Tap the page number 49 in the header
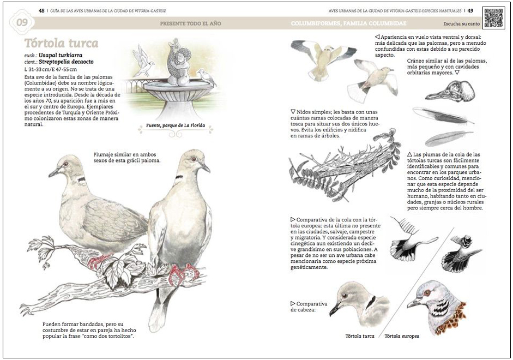click(x=470, y=10)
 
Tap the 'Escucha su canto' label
click(x=461, y=25)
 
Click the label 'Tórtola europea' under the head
click(x=404, y=336)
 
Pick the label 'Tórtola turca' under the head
click(x=360, y=336)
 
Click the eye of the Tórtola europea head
click(x=427, y=293)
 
